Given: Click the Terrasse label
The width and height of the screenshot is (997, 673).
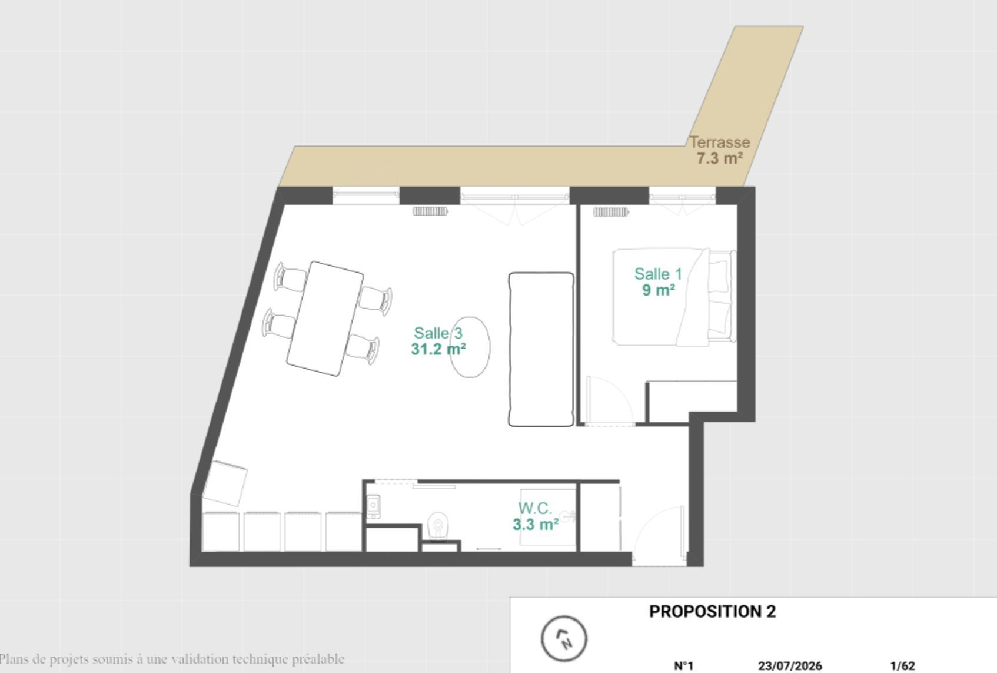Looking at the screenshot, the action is pos(720,142).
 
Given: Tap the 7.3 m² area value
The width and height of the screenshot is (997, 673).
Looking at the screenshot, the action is pos(720,158).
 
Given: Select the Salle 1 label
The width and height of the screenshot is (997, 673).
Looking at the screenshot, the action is pos(658,274).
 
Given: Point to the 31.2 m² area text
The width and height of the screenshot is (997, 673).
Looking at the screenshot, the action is pos(438,349).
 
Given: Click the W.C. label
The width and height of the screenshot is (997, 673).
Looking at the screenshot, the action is pos(535,508).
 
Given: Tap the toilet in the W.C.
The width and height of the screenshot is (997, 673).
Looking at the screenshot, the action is pos(438,526).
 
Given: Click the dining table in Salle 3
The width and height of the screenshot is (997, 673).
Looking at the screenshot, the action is pos(325,319).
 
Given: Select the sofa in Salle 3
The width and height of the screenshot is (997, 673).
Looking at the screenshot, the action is pos(541,349).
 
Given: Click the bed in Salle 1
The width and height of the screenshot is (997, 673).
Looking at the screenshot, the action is pos(674,297).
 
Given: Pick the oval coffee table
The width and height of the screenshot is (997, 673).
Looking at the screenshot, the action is pos(470,347).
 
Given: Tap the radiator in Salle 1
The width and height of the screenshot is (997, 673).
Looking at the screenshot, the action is pos(611,212).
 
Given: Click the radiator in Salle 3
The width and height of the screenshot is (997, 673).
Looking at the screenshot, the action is pos(430,211).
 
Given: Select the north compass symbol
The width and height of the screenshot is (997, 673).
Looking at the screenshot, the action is pos(564,639).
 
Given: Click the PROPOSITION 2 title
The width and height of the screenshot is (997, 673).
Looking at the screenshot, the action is pos(713,612).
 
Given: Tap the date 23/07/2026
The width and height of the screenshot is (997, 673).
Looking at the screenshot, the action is pos(790,666).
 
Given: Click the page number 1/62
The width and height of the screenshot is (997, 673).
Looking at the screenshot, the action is pos(903,666).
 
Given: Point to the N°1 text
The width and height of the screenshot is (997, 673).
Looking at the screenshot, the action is pos(684,666).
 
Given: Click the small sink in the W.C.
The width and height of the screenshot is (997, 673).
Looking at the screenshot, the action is pos(373,506).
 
